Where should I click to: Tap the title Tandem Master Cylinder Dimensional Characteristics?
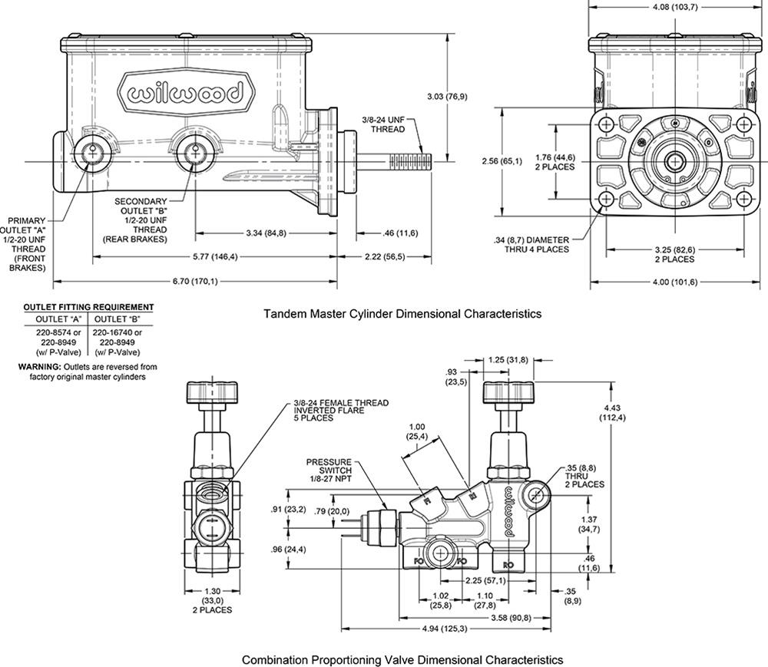tap(402, 314)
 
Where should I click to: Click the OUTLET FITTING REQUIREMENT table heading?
tap(88, 307)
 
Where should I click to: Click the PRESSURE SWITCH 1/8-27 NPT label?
tap(329, 470)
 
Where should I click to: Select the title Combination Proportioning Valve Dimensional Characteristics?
tap(402, 659)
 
